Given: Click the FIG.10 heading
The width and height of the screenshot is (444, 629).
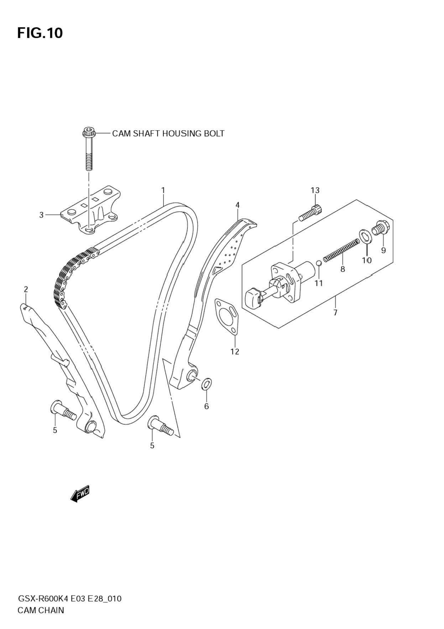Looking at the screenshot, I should coord(40,33).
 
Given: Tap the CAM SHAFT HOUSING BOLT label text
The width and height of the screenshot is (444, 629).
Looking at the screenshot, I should coord(168,133).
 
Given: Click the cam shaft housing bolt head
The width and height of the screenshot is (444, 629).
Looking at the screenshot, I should coord(87,132).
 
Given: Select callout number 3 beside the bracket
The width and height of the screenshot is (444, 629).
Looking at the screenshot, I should coord(41,215).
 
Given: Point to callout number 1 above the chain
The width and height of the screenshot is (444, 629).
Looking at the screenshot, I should coord(163,190).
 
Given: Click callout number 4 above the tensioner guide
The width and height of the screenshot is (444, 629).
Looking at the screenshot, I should coord(237,205).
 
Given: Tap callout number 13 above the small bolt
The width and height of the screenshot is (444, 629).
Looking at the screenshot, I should coord(315,190).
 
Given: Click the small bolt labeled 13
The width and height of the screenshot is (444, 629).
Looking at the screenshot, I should coord(311,213).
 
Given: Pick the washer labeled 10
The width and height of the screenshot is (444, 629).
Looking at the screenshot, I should coord(365,236).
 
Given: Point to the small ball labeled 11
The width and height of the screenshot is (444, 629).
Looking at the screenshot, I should coord(319,263).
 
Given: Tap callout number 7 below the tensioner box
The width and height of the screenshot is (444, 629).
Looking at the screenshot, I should coord(335,313).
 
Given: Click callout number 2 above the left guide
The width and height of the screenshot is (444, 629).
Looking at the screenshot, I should coord(26,289).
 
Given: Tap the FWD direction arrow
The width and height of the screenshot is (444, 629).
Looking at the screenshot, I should coord(80,493).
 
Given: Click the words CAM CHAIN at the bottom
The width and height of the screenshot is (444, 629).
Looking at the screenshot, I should coord(41,610).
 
